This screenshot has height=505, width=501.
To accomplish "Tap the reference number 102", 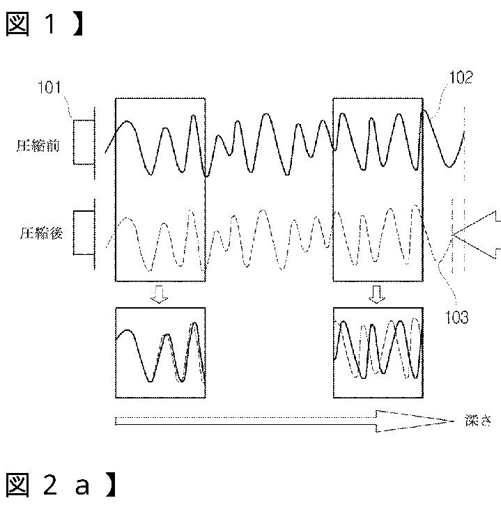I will tap(461, 78).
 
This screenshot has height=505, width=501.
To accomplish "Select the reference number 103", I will tap(456, 318).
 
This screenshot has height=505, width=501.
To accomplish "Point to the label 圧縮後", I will tap(40, 233).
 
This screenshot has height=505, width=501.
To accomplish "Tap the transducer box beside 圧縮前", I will tap(82, 142).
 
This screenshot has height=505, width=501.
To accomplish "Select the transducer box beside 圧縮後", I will tap(82, 233).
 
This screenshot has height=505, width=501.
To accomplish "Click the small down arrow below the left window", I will tap(160, 297).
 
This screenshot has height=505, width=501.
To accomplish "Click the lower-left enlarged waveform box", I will tap(160, 352).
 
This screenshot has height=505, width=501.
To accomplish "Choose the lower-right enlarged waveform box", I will tap(378, 352).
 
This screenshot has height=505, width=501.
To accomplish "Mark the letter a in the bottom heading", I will tap(82, 486).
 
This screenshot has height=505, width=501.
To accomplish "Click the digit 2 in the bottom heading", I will tap(50, 485).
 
